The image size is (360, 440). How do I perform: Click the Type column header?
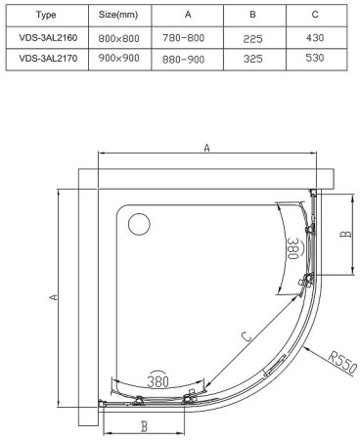46,15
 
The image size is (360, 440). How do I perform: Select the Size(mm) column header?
118,15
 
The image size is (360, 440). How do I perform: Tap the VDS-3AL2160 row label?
48,38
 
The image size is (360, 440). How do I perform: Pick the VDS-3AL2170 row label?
48,59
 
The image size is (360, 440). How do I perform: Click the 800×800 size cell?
118,38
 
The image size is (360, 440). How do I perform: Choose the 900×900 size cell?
118,58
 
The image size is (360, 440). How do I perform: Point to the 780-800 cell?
184,38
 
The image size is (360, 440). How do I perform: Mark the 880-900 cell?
184,60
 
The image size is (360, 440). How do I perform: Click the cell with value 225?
252,39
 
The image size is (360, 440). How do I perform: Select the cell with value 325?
252,59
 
